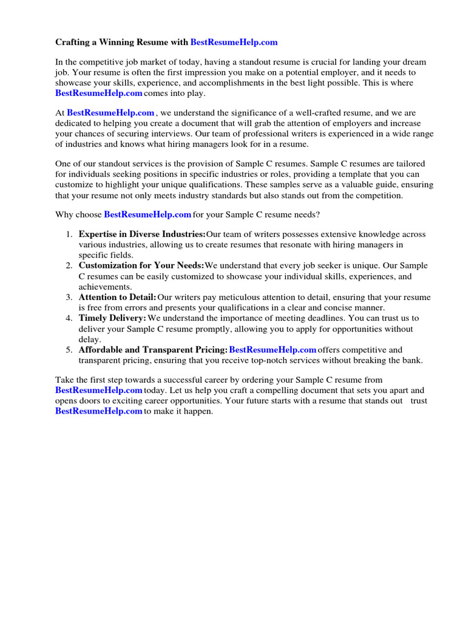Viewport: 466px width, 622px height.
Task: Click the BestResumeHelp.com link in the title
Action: [234, 42]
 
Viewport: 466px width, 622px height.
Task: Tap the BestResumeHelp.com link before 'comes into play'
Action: [99, 93]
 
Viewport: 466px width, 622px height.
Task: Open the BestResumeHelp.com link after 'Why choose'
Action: [147, 214]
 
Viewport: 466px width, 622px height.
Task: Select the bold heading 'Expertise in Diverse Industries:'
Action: [142, 234]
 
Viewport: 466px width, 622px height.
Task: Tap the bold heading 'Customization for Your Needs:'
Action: [141, 265]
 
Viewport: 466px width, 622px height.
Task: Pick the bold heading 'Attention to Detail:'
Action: [117, 297]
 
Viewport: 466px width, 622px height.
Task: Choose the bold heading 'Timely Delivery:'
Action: [112, 318]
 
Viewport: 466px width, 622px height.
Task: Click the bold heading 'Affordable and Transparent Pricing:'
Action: [153, 350]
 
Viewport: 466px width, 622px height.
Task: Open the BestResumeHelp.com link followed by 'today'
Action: [99, 390]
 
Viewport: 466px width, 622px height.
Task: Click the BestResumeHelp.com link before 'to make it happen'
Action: [99, 411]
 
